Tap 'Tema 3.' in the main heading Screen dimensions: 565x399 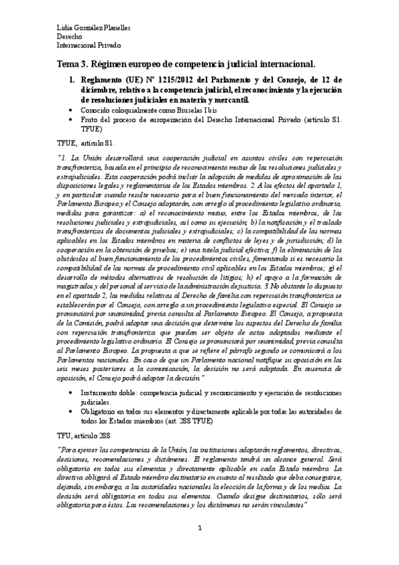[x=72, y=63]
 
